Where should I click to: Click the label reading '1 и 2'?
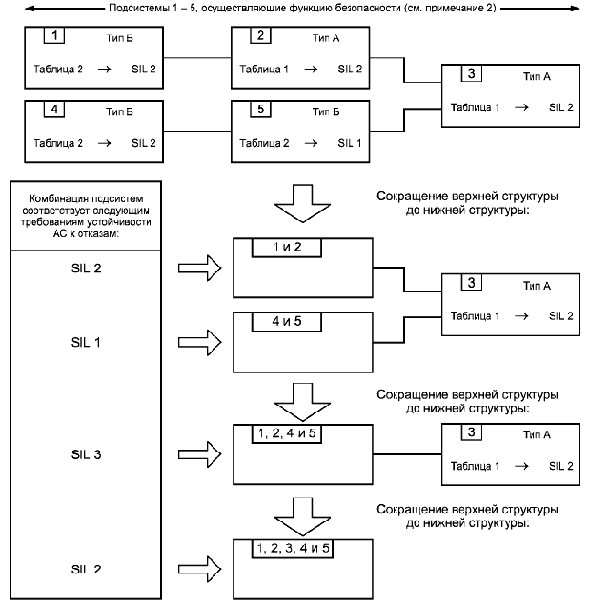click(x=286, y=247)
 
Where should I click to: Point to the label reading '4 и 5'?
click(x=286, y=321)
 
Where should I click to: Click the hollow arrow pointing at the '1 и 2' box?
click(x=200, y=267)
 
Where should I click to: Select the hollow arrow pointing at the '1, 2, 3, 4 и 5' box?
click(x=200, y=569)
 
